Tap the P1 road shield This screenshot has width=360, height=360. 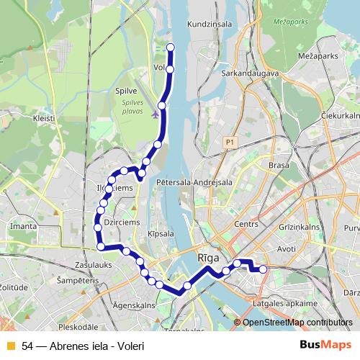pos(230,143)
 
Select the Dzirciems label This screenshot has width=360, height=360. pos(122,223)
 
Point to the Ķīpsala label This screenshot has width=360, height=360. pos(161,234)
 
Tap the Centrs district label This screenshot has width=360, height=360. pos(246,225)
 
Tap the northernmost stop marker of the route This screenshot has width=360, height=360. pos(171,48)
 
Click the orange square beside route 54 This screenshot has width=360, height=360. pos(11,346)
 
